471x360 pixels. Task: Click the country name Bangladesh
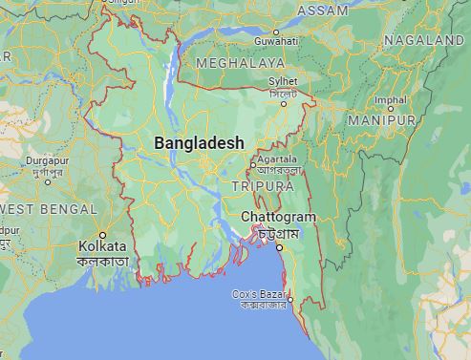click(199, 142)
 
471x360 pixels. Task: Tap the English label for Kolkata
click(104, 247)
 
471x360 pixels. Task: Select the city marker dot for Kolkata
click(103, 234)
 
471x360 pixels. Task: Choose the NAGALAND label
click(425, 40)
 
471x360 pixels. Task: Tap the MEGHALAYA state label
click(240, 62)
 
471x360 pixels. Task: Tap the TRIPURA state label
click(259, 183)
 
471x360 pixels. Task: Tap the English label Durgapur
click(26, 163)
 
